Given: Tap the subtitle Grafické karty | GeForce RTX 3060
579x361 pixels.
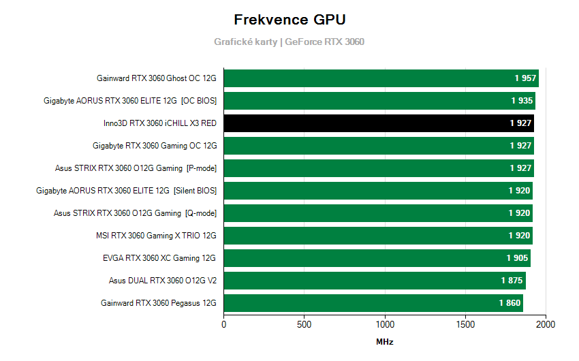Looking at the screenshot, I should [289, 42].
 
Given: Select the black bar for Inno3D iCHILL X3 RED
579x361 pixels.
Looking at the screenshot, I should [378, 123].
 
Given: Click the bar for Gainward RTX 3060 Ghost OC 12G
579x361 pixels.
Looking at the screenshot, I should [381, 78].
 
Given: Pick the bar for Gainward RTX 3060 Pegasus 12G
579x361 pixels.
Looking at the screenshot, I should [373, 303].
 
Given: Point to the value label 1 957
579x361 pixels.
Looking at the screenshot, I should [525, 78].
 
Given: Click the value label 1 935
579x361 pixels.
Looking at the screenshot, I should [522, 101].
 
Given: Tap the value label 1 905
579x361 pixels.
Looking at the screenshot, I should [517, 258].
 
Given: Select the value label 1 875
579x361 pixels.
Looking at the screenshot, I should [512, 281].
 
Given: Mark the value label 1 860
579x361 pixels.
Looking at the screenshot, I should [510, 303].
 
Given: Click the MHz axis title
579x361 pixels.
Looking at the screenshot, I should [384, 342].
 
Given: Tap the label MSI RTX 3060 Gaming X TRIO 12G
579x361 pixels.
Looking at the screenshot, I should [156, 236].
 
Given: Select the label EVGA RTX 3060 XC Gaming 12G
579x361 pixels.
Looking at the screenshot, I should [159, 258].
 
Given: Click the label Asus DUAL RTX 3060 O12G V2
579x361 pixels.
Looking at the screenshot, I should [162, 281].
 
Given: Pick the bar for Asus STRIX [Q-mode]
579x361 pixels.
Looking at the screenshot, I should [377, 213].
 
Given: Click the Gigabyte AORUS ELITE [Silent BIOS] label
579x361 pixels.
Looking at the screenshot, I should [126, 191].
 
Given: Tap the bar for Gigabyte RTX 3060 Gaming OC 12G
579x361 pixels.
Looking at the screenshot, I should [378, 146].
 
